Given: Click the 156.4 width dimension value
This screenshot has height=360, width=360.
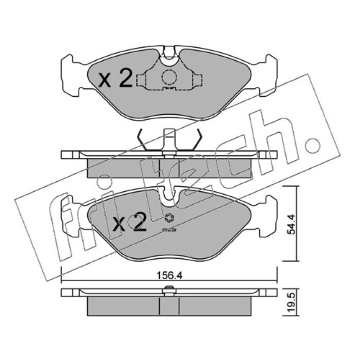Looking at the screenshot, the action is (169, 275).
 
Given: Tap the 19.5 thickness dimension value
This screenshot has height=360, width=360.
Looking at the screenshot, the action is (291, 303).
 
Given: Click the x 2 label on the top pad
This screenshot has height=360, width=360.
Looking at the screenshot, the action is (115, 79).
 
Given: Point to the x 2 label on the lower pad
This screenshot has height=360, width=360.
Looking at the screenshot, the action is (130, 222).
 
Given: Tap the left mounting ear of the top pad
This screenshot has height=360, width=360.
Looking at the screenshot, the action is (70, 76).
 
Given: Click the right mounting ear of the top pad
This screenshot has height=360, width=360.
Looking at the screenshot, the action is (268, 76).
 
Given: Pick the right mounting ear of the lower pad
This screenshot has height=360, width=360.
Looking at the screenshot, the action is (268, 216).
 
